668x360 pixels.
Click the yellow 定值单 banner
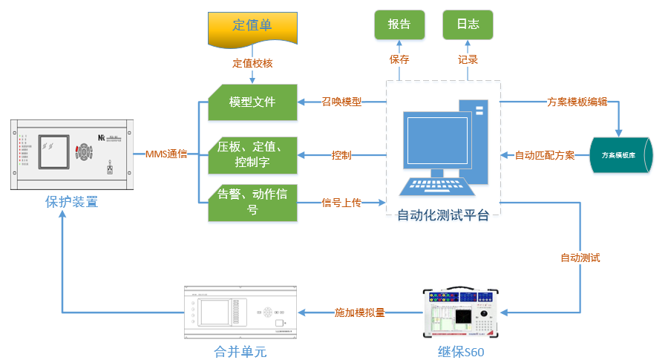pos(252,26)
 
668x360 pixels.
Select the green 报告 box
pos(399,24)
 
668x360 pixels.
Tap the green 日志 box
pos(468,24)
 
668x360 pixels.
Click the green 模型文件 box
pos(252,102)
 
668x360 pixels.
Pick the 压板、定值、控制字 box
pos(252,153)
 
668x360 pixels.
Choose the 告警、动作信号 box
pos(252,203)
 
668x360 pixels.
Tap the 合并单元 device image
pos(240,314)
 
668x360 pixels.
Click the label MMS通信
pos(166,154)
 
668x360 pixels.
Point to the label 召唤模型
pos(341,102)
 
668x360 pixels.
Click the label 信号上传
pos(341,202)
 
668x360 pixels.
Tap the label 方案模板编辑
pos(577,102)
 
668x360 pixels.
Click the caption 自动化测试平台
pos(443,216)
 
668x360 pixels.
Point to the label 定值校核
pos(252,63)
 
